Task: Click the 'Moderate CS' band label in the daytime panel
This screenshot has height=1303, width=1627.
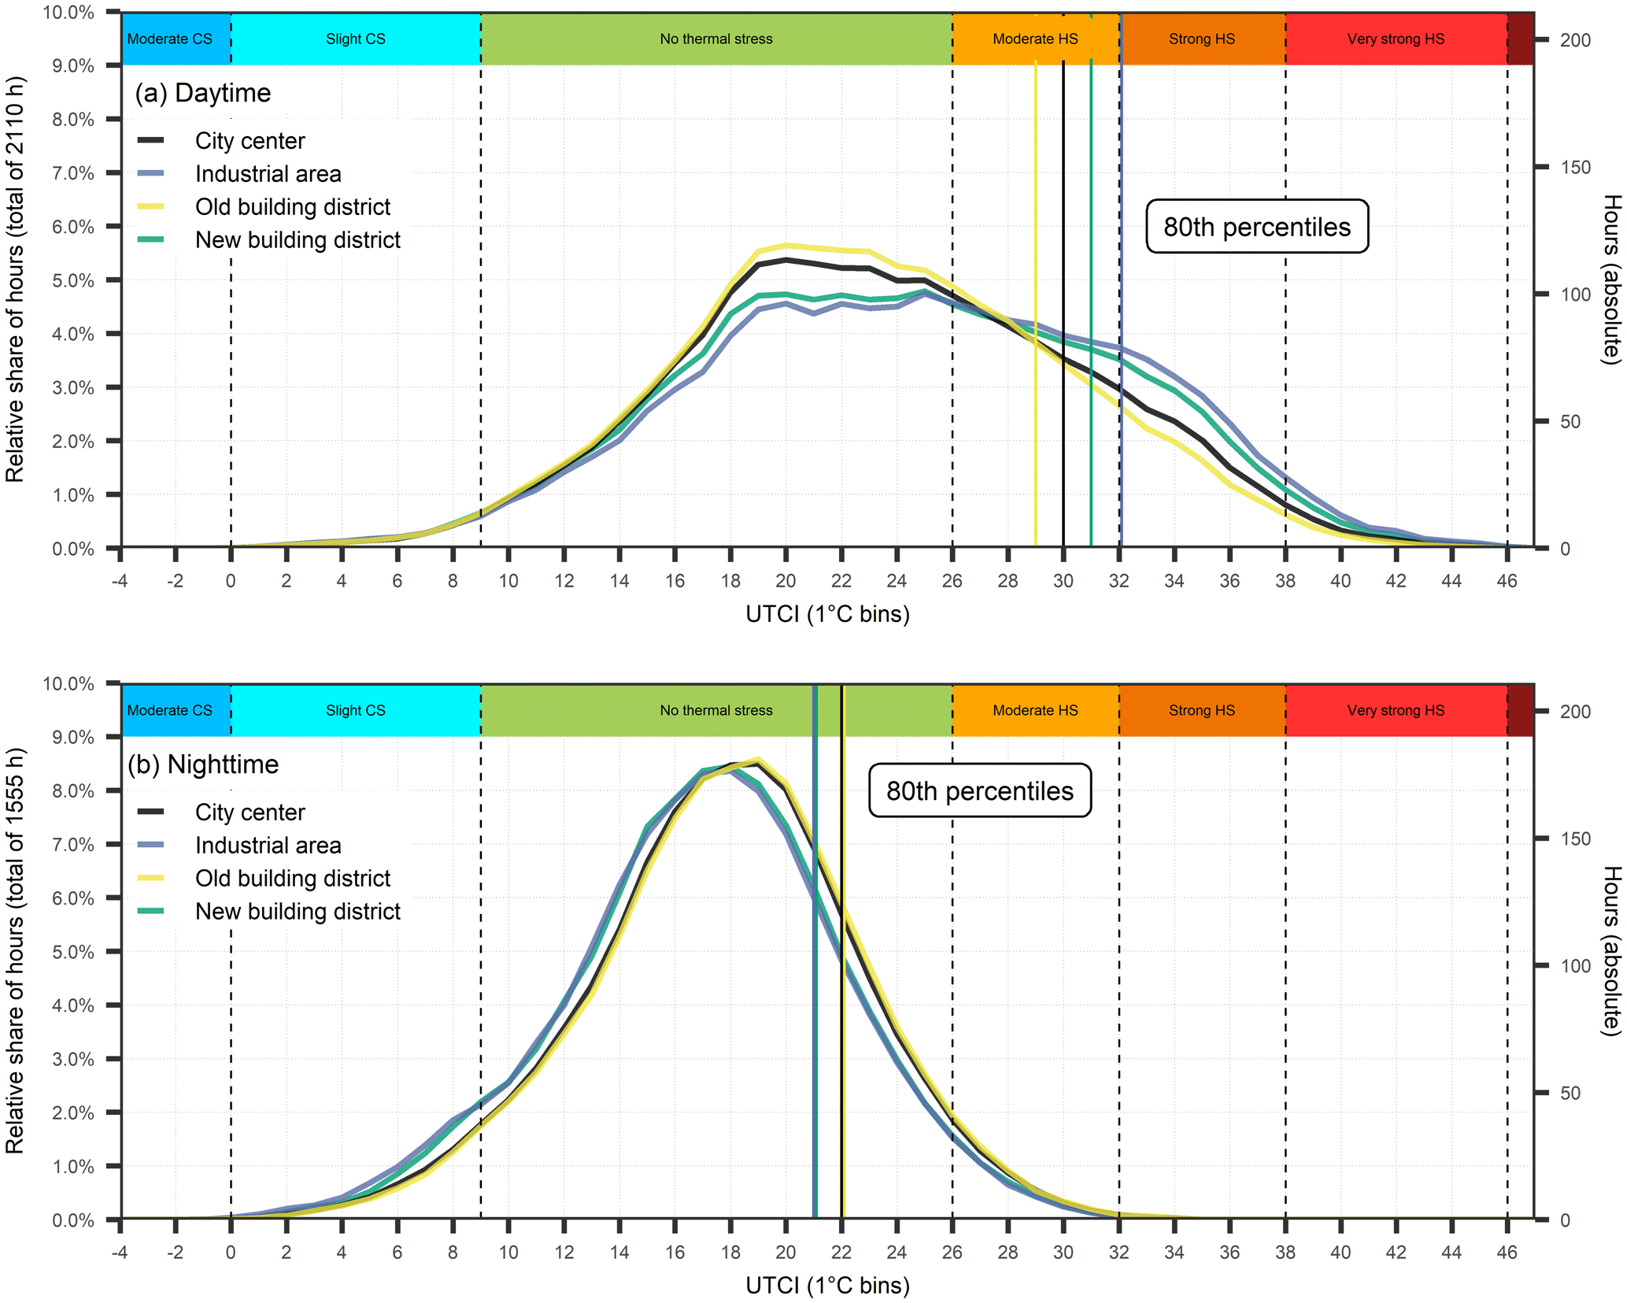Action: point(169,39)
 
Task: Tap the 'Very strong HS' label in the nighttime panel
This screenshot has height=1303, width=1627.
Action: point(1395,710)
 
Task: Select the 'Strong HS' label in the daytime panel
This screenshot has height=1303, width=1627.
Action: point(1201,39)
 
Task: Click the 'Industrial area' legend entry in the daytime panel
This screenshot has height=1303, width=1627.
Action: point(268,174)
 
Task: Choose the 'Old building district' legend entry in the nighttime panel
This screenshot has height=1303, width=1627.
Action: point(292,878)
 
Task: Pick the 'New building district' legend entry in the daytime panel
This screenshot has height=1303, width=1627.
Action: point(298,240)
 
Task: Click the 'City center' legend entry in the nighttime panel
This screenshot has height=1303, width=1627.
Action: point(250,813)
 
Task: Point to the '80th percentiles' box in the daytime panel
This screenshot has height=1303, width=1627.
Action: point(1256,227)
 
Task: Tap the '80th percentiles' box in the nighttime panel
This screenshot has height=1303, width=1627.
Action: point(979,790)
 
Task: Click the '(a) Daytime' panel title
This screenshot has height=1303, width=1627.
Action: point(202,93)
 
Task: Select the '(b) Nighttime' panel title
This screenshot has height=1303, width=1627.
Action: point(202,764)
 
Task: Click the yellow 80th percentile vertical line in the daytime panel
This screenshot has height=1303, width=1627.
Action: point(1035,315)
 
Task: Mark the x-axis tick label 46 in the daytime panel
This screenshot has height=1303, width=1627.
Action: point(1507,581)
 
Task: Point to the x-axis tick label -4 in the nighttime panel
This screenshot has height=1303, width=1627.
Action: point(120,1253)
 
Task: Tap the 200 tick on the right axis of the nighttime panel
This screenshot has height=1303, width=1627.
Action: point(1575,712)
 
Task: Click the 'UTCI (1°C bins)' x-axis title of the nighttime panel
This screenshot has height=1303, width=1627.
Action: point(827,1286)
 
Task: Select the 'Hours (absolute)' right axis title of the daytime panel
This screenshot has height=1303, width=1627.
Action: point(1611,279)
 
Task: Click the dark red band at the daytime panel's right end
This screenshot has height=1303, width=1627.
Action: point(1520,39)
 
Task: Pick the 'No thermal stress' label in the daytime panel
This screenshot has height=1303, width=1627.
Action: point(716,39)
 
